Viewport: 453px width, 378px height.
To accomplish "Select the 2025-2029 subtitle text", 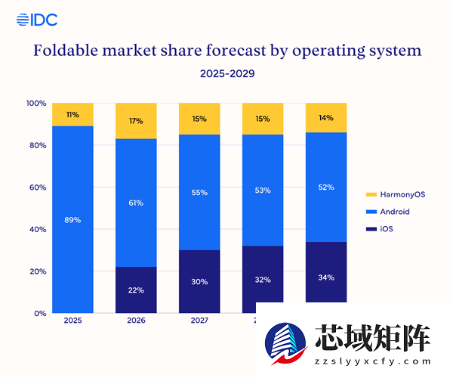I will click(226, 74).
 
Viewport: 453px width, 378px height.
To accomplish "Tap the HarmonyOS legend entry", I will click(397, 194).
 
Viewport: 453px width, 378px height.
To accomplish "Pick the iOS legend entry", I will click(381, 228).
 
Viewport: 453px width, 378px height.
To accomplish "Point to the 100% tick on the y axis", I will click(36, 103).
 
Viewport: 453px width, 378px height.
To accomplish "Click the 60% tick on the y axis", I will click(36, 187).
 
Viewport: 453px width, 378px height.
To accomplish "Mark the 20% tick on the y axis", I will click(36, 271).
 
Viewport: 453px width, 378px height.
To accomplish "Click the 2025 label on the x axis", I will click(72, 321).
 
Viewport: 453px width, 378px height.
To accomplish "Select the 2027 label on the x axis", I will click(199, 321).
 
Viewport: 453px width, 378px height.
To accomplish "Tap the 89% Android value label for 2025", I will click(72, 220).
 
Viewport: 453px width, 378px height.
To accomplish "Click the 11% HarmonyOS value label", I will click(72, 115).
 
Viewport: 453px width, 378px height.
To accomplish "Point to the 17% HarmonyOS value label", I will click(136, 120).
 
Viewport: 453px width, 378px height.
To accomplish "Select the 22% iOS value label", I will click(136, 290).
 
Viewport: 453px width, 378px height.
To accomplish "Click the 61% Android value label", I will click(136, 203).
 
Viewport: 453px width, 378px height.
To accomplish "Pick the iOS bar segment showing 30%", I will click(199, 281).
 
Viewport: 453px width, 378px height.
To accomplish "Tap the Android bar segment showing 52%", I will click(326, 187).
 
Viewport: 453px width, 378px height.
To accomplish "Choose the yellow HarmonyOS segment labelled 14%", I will click(326, 117).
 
